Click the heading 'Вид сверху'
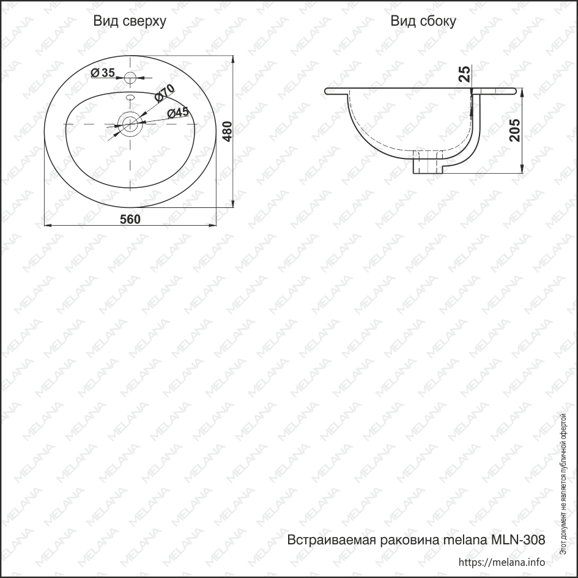tap(130, 21)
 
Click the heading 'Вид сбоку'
tap(423, 21)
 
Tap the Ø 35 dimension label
tap(103, 73)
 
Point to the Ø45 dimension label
tap(178, 113)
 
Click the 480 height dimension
tap(228, 132)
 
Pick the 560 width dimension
tap(130, 220)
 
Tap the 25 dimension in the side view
tap(465, 74)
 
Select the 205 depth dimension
tap(514, 130)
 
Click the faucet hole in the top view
tap(130, 78)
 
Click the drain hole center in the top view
tap(130, 124)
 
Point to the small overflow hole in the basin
tap(130, 97)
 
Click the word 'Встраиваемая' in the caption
tap(330, 540)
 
